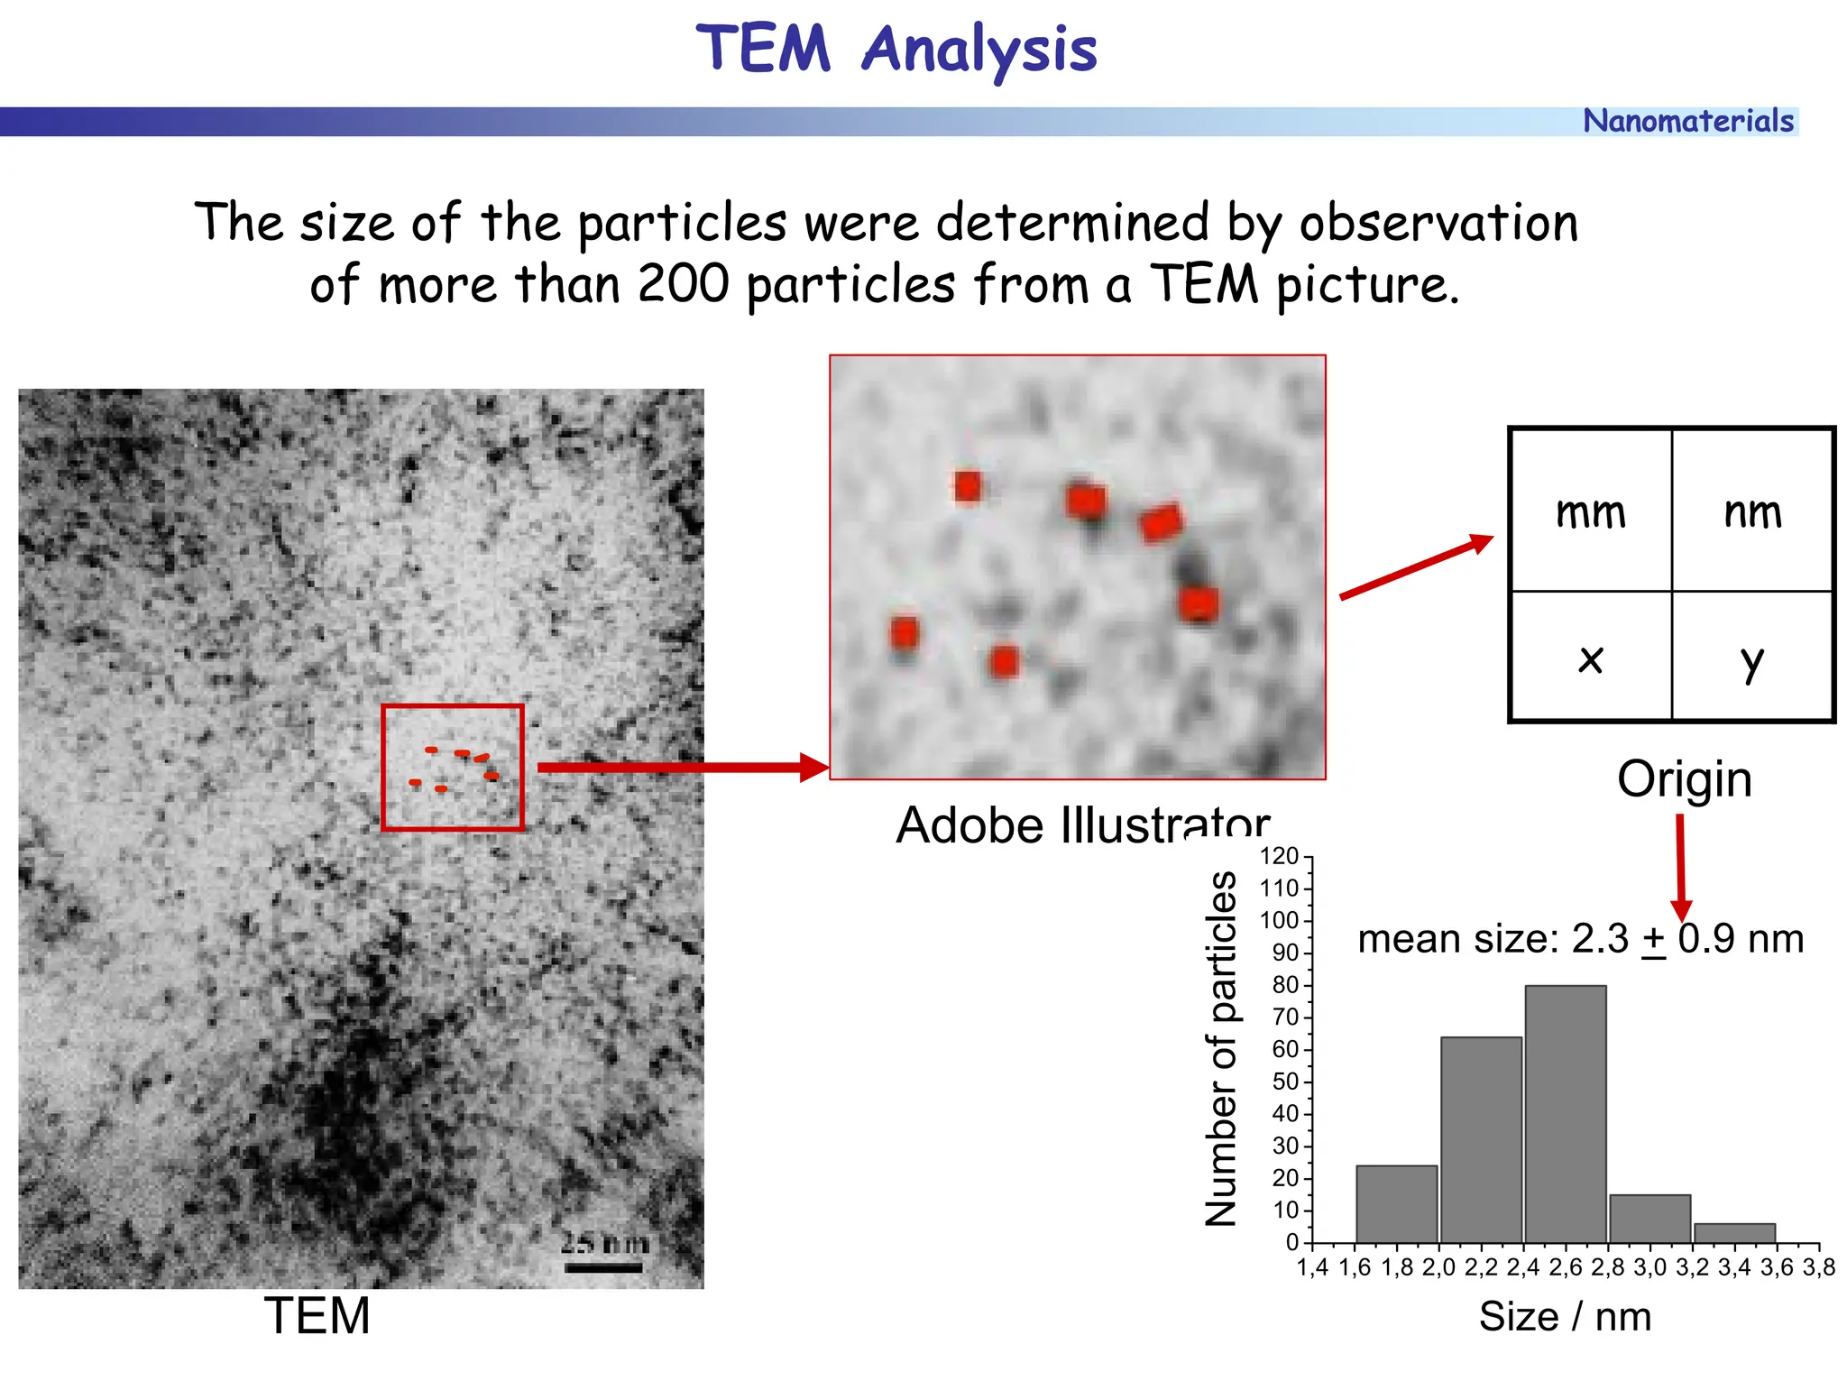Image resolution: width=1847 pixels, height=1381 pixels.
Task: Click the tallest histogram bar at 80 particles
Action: click(1565, 1114)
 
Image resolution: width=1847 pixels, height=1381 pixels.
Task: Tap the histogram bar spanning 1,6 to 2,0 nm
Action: click(1396, 1204)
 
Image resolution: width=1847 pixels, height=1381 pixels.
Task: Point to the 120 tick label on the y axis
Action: click(1279, 856)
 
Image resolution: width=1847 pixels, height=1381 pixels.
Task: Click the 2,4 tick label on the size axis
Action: click(1522, 1268)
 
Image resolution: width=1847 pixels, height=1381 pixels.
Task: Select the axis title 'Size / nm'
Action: click(1565, 1317)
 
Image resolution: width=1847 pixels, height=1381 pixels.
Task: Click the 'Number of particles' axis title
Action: click(1222, 1049)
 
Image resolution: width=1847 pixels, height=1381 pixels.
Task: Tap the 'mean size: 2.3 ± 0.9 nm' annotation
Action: click(1580, 939)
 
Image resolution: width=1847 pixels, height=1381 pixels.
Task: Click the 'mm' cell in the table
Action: click(1591, 511)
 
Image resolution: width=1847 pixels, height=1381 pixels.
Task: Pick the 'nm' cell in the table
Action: click(1752, 511)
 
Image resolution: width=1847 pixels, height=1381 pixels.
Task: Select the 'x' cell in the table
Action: click(1591, 658)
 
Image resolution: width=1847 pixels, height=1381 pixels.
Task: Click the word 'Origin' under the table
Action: click(1684, 779)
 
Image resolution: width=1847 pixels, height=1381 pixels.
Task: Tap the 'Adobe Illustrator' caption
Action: click(1082, 824)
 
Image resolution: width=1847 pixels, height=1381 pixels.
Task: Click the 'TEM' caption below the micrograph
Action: click(317, 1316)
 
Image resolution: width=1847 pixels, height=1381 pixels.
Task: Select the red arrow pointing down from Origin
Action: click(1680, 866)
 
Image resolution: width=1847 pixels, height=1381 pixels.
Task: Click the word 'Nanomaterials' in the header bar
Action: click(1687, 121)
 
